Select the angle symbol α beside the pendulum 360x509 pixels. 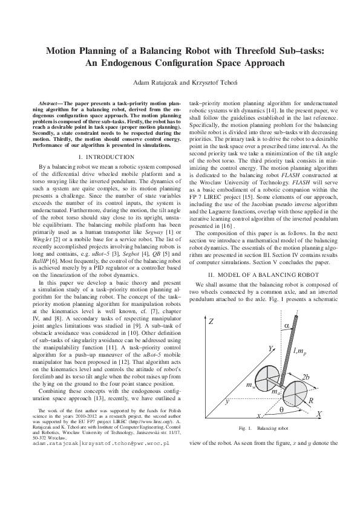coord(286,326)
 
